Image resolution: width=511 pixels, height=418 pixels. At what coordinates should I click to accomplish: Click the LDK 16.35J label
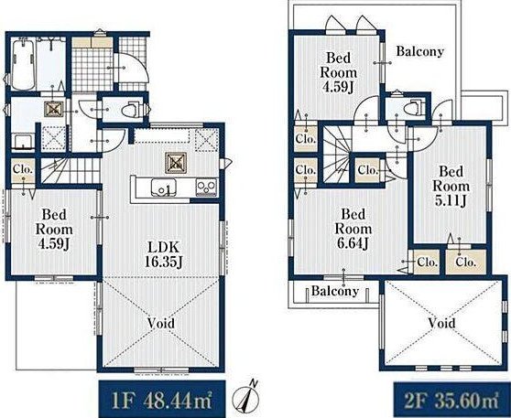click(163, 254)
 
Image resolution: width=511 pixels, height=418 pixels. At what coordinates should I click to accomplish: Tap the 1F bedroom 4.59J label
click(54, 230)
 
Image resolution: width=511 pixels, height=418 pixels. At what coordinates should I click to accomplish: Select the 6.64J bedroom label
click(353, 229)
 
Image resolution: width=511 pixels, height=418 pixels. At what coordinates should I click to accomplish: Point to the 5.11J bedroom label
click(451, 186)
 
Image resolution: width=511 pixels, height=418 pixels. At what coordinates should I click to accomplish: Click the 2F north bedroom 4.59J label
click(339, 72)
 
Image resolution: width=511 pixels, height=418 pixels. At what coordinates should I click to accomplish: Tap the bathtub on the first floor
click(23, 64)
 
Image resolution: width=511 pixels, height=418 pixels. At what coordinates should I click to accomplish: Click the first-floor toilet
click(131, 110)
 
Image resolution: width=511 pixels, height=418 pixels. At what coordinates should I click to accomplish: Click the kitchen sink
click(163, 188)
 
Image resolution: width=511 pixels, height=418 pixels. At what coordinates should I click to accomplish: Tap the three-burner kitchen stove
click(206, 188)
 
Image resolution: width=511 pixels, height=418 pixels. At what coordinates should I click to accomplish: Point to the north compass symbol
click(246, 398)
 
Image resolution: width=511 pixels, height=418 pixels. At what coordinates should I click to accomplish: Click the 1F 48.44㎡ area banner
click(162, 399)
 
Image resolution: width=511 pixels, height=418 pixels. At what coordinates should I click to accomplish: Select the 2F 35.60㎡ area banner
click(452, 400)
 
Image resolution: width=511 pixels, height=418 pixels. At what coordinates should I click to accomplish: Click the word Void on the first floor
click(161, 323)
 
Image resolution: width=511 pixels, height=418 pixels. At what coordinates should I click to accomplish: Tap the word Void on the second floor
click(441, 323)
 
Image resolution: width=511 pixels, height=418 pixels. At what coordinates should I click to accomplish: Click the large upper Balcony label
click(420, 51)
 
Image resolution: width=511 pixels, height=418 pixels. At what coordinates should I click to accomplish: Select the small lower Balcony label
click(335, 291)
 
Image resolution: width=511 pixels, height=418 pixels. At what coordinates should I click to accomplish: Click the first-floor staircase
click(71, 171)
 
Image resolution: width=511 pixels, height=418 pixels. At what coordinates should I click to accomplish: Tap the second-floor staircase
click(337, 155)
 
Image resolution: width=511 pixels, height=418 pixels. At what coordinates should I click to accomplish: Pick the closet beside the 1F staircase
click(23, 171)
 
